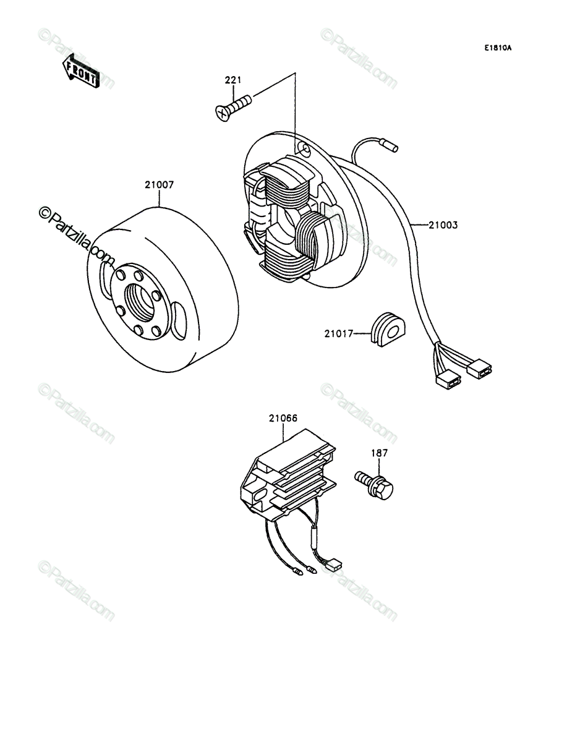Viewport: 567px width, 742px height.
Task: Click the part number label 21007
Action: pos(159,185)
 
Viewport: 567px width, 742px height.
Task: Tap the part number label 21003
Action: pos(443,225)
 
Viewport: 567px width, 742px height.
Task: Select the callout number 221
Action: pos(233,80)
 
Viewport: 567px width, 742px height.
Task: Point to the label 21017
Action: pos(339,334)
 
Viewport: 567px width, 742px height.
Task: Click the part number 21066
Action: pos(283,418)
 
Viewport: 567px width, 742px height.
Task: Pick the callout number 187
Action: pos(380,453)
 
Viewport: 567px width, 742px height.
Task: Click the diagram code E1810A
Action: pos(498,48)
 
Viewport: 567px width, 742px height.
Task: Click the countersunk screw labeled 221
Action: pos(233,108)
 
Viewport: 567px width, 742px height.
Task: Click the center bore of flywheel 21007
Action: pos(140,302)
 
